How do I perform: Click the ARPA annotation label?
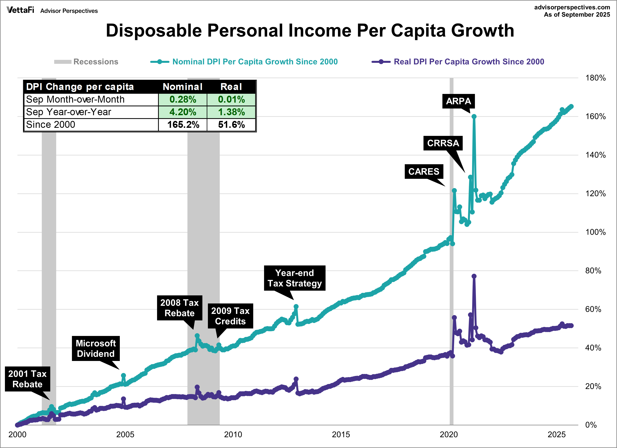458,101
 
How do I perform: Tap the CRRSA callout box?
443,143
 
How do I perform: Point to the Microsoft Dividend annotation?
96,349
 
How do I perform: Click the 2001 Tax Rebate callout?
27,379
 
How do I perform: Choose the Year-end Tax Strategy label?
295,278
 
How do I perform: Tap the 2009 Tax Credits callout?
230,316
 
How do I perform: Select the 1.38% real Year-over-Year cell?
231,112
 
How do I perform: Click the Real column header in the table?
231,87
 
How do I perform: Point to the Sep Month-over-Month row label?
75,99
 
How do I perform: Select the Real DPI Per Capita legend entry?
469,62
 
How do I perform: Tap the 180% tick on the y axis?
595,78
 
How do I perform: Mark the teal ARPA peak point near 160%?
474,117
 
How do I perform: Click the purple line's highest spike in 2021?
474,276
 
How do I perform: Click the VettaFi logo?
20,10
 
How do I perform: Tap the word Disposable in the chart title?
154,31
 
